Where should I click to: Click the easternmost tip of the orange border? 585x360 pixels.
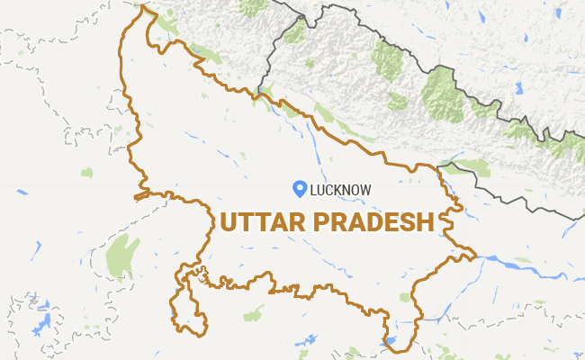click(475, 255)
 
